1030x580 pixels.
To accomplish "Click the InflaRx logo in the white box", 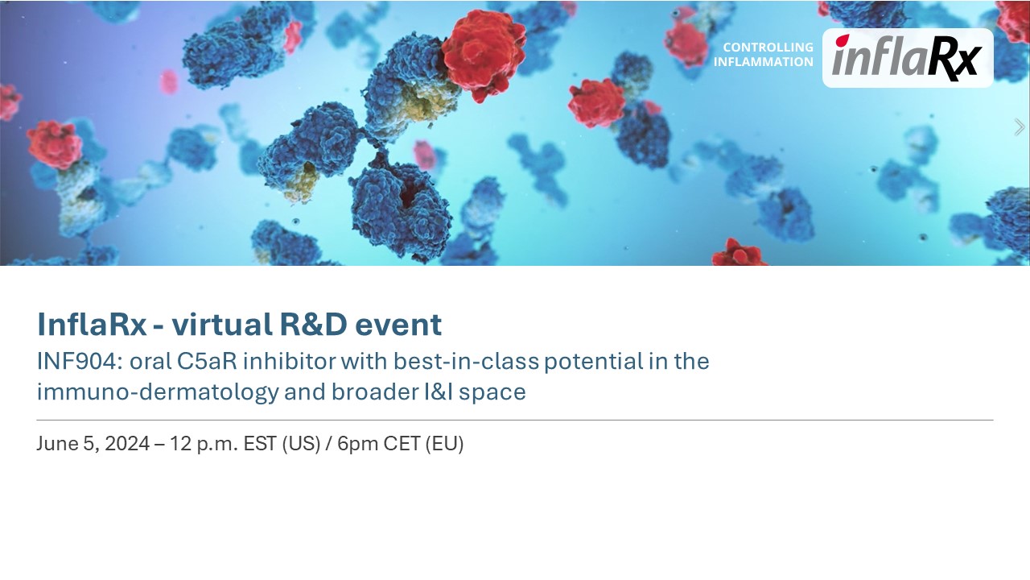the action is (x=907, y=58).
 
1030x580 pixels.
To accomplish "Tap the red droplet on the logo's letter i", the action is (x=843, y=40).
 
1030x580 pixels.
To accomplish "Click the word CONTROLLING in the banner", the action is (x=768, y=47).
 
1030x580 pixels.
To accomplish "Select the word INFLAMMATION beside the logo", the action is (x=764, y=62).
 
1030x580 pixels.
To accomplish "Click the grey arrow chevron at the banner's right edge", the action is (x=1019, y=127).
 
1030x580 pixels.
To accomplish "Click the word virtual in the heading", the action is (x=221, y=324).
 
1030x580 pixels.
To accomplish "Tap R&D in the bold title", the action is (x=313, y=324).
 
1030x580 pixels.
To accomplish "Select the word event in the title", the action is (x=398, y=325).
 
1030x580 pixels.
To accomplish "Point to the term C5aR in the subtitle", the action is (x=207, y=362).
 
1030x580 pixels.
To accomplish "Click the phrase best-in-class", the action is (x=466, y=362).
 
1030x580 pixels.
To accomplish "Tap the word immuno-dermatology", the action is (x=158, y=392).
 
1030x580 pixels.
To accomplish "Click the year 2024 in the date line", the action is (x=127, y=444).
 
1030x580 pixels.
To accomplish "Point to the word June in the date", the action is (x=57, y=444).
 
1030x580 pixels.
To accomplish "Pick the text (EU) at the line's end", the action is (x=445, y=444).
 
